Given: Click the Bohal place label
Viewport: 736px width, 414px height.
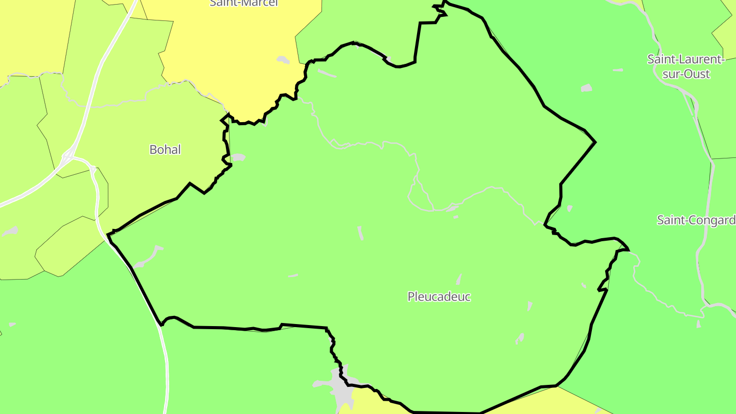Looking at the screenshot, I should point(165,150).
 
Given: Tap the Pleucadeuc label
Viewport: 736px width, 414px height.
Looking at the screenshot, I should point(439,296).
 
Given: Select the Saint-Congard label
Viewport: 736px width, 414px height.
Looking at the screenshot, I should point(696,220).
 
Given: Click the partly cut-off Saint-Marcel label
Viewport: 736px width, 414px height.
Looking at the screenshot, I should point(243,3).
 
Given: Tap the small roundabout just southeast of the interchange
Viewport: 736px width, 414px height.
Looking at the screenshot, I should point(93,167).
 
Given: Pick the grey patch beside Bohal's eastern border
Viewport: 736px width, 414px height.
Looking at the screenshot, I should point(238,157).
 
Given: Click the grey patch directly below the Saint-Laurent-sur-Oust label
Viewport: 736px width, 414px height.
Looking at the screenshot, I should point(586,88).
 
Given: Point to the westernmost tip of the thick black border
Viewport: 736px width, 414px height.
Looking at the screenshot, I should point(108,235).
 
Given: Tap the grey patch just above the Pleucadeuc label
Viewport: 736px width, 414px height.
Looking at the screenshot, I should point(459,279).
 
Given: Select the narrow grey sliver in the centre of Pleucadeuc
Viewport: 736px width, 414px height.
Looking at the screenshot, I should point(360,233).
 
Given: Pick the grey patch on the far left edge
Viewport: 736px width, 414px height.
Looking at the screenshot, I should point(10,232).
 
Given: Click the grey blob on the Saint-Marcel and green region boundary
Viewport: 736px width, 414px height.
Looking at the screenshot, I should point(283,60).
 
